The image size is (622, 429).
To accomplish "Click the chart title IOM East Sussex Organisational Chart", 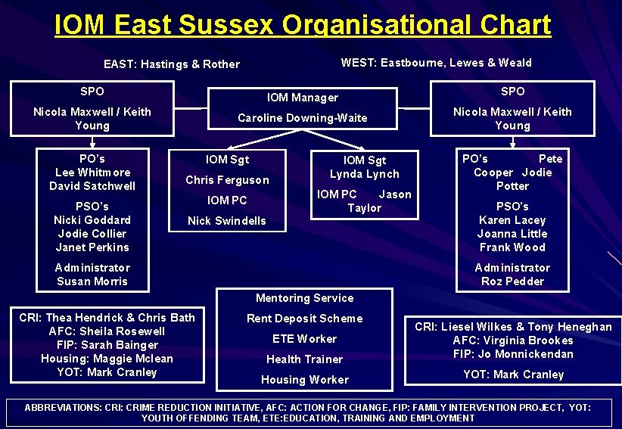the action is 303,25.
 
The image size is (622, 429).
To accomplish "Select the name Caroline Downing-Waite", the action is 302,118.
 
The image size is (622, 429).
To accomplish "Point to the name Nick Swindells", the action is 227,221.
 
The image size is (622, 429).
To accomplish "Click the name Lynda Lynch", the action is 365,174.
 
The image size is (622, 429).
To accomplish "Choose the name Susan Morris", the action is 92,281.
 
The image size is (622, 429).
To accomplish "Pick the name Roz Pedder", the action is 512,281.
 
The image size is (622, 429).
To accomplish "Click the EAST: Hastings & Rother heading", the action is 171,64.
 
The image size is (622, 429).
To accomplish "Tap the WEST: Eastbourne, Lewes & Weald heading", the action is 436,63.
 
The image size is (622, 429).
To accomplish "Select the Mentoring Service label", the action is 304,298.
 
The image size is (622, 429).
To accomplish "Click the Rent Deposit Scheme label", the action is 304,319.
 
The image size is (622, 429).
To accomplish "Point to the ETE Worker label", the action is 304,339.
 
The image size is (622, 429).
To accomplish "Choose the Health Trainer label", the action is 304,359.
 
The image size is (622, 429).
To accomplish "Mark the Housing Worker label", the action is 304,380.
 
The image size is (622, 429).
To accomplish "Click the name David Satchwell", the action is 92,186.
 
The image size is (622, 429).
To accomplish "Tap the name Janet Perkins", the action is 92,247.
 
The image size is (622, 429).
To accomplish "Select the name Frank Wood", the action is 512,247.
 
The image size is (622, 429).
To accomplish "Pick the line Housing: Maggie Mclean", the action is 107,359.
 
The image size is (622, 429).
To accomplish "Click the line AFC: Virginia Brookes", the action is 512,340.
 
